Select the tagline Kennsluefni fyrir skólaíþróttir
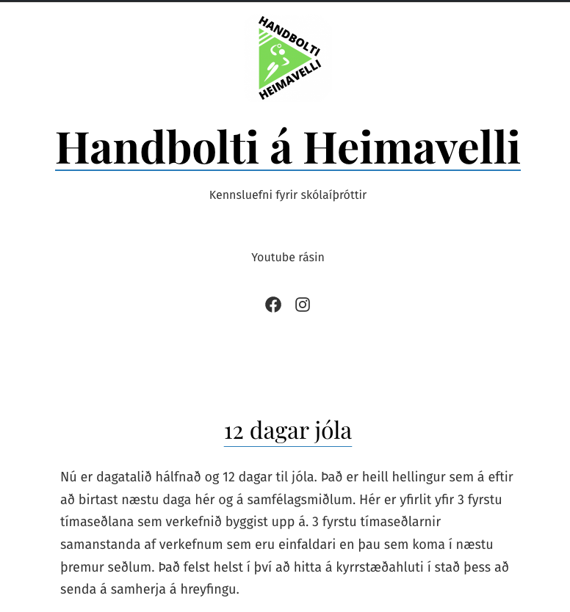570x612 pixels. pyautogui.click(x=287, y=195)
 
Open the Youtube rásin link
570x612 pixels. pyautogui.click(x=287, y=258)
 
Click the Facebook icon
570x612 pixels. pyautogui.click(x=273, y=305)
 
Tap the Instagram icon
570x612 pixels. pyautogui.click(x=303, y=305)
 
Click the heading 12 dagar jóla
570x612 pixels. pyautogui.click(x=287, y=430)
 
